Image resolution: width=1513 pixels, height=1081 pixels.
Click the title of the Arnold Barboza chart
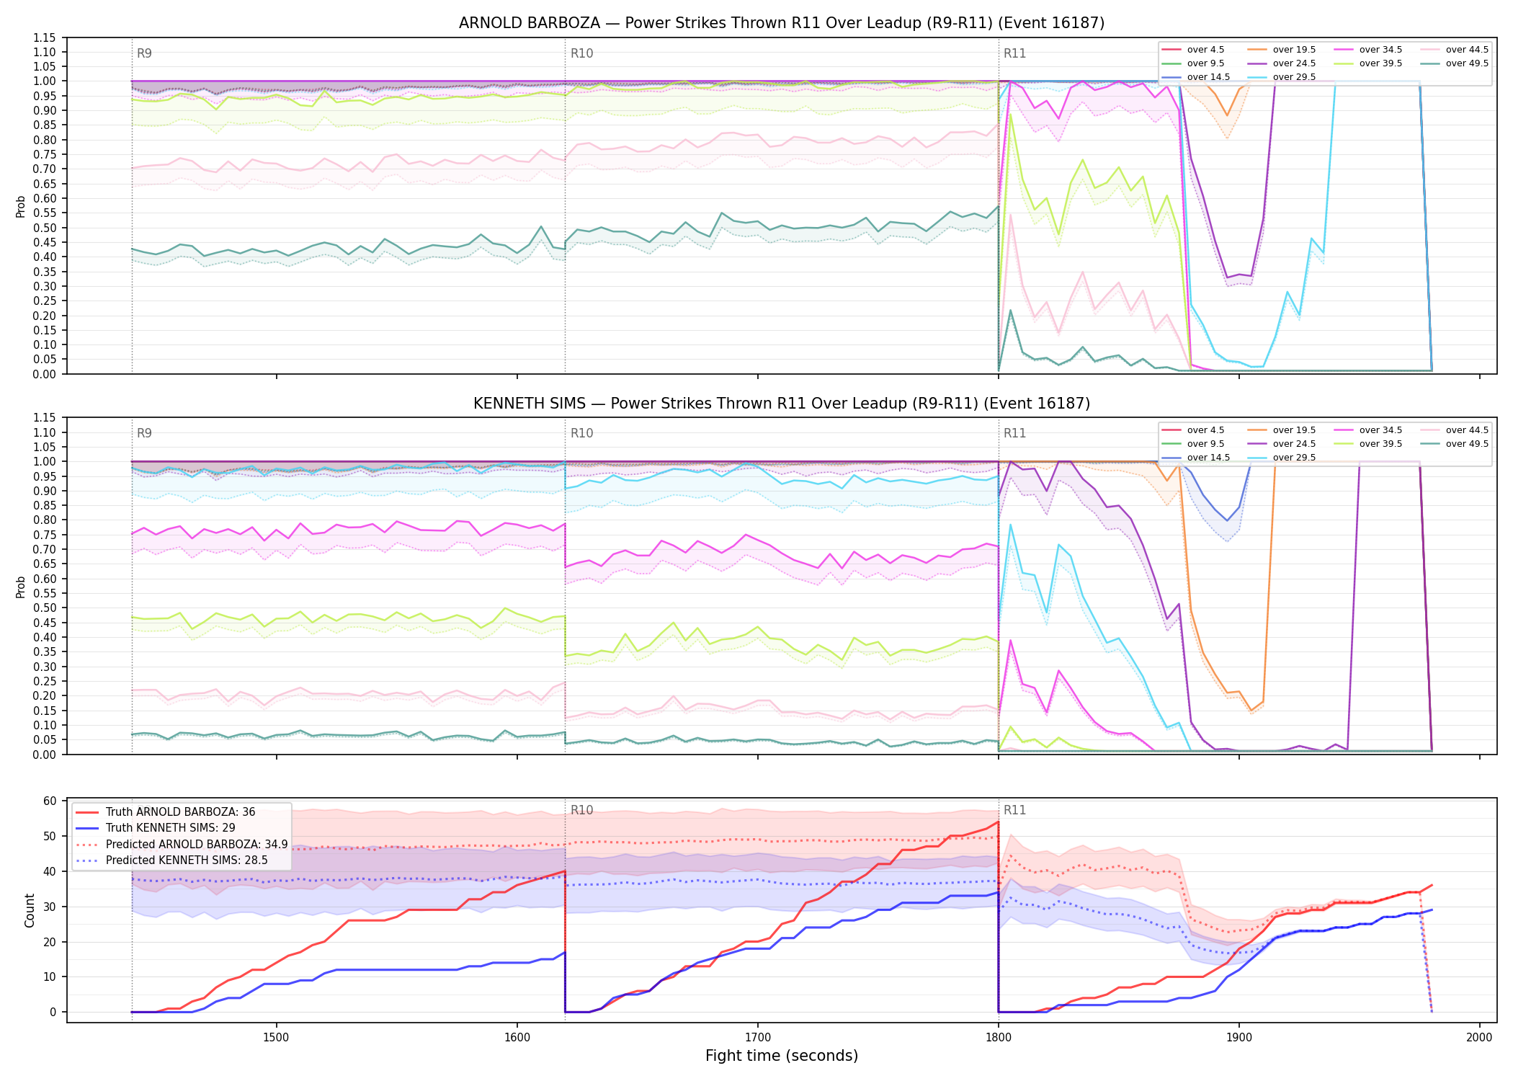[x=782, y=23]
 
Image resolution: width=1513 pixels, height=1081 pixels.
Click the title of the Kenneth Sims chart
[x=782, y=404]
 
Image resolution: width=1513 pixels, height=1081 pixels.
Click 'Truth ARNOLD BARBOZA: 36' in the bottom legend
[x=166, y=812]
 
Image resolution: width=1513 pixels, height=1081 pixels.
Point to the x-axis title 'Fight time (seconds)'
[x=782, y=1056]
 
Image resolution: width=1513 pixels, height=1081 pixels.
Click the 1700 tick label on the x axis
[x=757, y=1037]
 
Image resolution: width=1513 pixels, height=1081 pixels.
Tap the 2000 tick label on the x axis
[x=1479, y=1037]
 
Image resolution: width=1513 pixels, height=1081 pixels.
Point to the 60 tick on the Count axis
[x=50, y=801]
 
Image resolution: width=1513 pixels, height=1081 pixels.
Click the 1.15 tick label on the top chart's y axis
[x=45, y=37]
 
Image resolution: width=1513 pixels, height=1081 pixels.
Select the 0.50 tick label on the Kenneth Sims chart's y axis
[x=45, y=608]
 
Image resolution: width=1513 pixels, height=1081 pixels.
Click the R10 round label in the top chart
[x=581, y=53]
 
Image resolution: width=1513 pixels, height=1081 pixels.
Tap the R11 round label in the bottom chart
[x=1014, y=810]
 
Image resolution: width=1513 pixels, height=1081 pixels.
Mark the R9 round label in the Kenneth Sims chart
[x=144, y=433]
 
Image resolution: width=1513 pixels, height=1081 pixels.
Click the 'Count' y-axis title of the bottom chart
[x=30, y=910]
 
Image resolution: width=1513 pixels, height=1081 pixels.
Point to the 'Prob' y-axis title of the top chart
[x=21, y=206]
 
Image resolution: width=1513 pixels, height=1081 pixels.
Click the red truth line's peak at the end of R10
[x=998, y=822]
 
